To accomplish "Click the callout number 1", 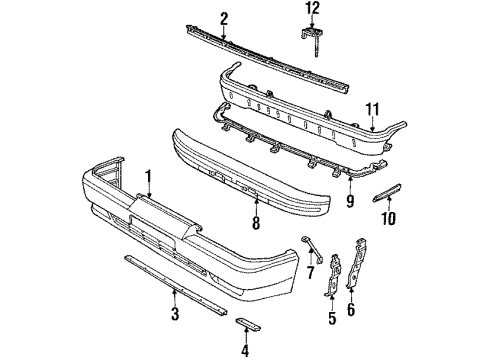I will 148,180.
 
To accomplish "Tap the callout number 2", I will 224,17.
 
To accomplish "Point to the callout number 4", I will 244,350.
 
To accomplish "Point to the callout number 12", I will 313,10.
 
